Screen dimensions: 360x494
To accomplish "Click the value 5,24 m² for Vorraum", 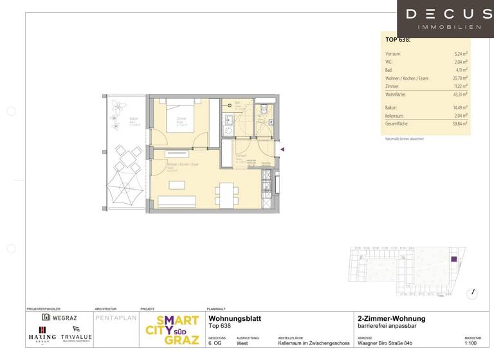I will (461, 54).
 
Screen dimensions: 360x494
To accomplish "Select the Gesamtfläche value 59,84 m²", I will (459, 123).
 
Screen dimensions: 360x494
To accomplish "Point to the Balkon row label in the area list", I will (390, 108).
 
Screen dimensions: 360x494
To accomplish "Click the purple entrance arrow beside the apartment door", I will (281, 149).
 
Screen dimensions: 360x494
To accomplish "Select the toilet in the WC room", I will (264, 110).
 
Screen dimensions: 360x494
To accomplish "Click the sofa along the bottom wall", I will (177, 202).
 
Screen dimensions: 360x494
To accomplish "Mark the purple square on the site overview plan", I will (453, 259).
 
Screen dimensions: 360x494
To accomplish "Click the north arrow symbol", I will (473, 293).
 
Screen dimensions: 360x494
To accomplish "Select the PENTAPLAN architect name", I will (114, 318).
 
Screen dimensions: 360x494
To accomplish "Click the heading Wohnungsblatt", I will (235, 318).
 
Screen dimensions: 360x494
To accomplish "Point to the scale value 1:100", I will (471, 343).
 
